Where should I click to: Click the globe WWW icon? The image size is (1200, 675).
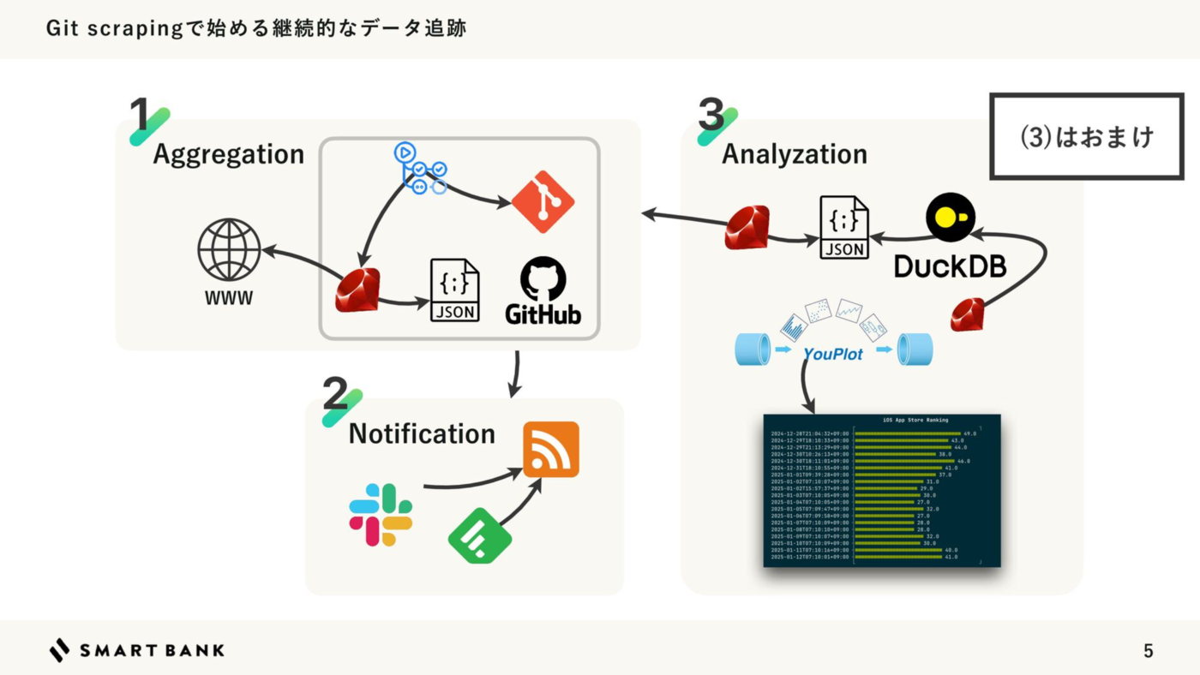pyautogui.click(x=229, y=248)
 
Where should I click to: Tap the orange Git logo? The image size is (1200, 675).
pyautogui.click(x=543, y=202)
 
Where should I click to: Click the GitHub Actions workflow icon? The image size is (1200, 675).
pyautogui.click(x=420, y=167)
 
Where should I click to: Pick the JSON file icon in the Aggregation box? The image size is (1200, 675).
pyautogui.click(x=454, y=290)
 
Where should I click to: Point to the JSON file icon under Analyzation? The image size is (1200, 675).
pyautogui.click(x=844, y=227)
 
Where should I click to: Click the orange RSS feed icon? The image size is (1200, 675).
pyautogui.click(x=551, y=449)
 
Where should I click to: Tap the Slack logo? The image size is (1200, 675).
pyautogui.click(x=381, y=514)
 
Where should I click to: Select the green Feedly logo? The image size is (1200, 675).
pyautogui.click(x=480, y=535)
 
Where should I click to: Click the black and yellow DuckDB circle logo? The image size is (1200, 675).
pyautogui.click(x=951, y=217)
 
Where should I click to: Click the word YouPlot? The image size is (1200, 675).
pyautogui.click(x=832, y=353)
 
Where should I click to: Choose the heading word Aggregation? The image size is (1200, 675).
pyautogui.click(x=228, y=154)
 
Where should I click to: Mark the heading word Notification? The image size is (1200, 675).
pyautogui.click(x=422, y=433)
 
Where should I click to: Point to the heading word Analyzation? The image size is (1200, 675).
pyautogui.click(x=795, y=154)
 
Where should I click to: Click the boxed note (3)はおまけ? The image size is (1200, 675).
pyautogui.click(x=1087, y=136)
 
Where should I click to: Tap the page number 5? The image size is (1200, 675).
pyautogui.click(x=1149, y=651)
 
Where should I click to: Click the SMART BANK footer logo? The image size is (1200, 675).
pyautogui.click(x=137, y=650)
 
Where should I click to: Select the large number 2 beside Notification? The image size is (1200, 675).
pyautogui.click(x=335, y=396)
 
